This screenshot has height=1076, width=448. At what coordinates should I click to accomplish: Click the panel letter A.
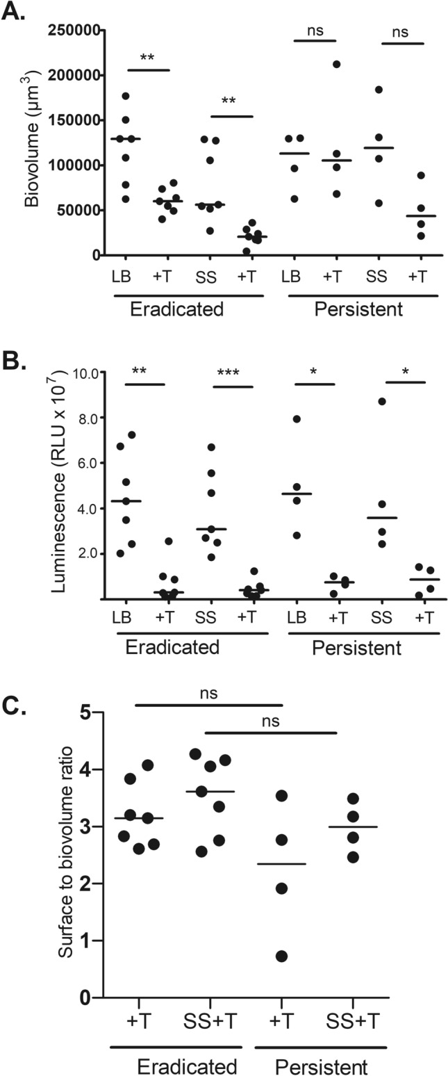pyautogui.click(x=15, y=12)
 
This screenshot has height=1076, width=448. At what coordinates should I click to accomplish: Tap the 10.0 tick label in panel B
pyautogui.click(x=84, y=373)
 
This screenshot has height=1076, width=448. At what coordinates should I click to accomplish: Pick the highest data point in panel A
pyautogui.click(x=337, y=65)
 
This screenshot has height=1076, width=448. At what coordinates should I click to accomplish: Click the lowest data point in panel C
pyautogui.click(x=281, y=956)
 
